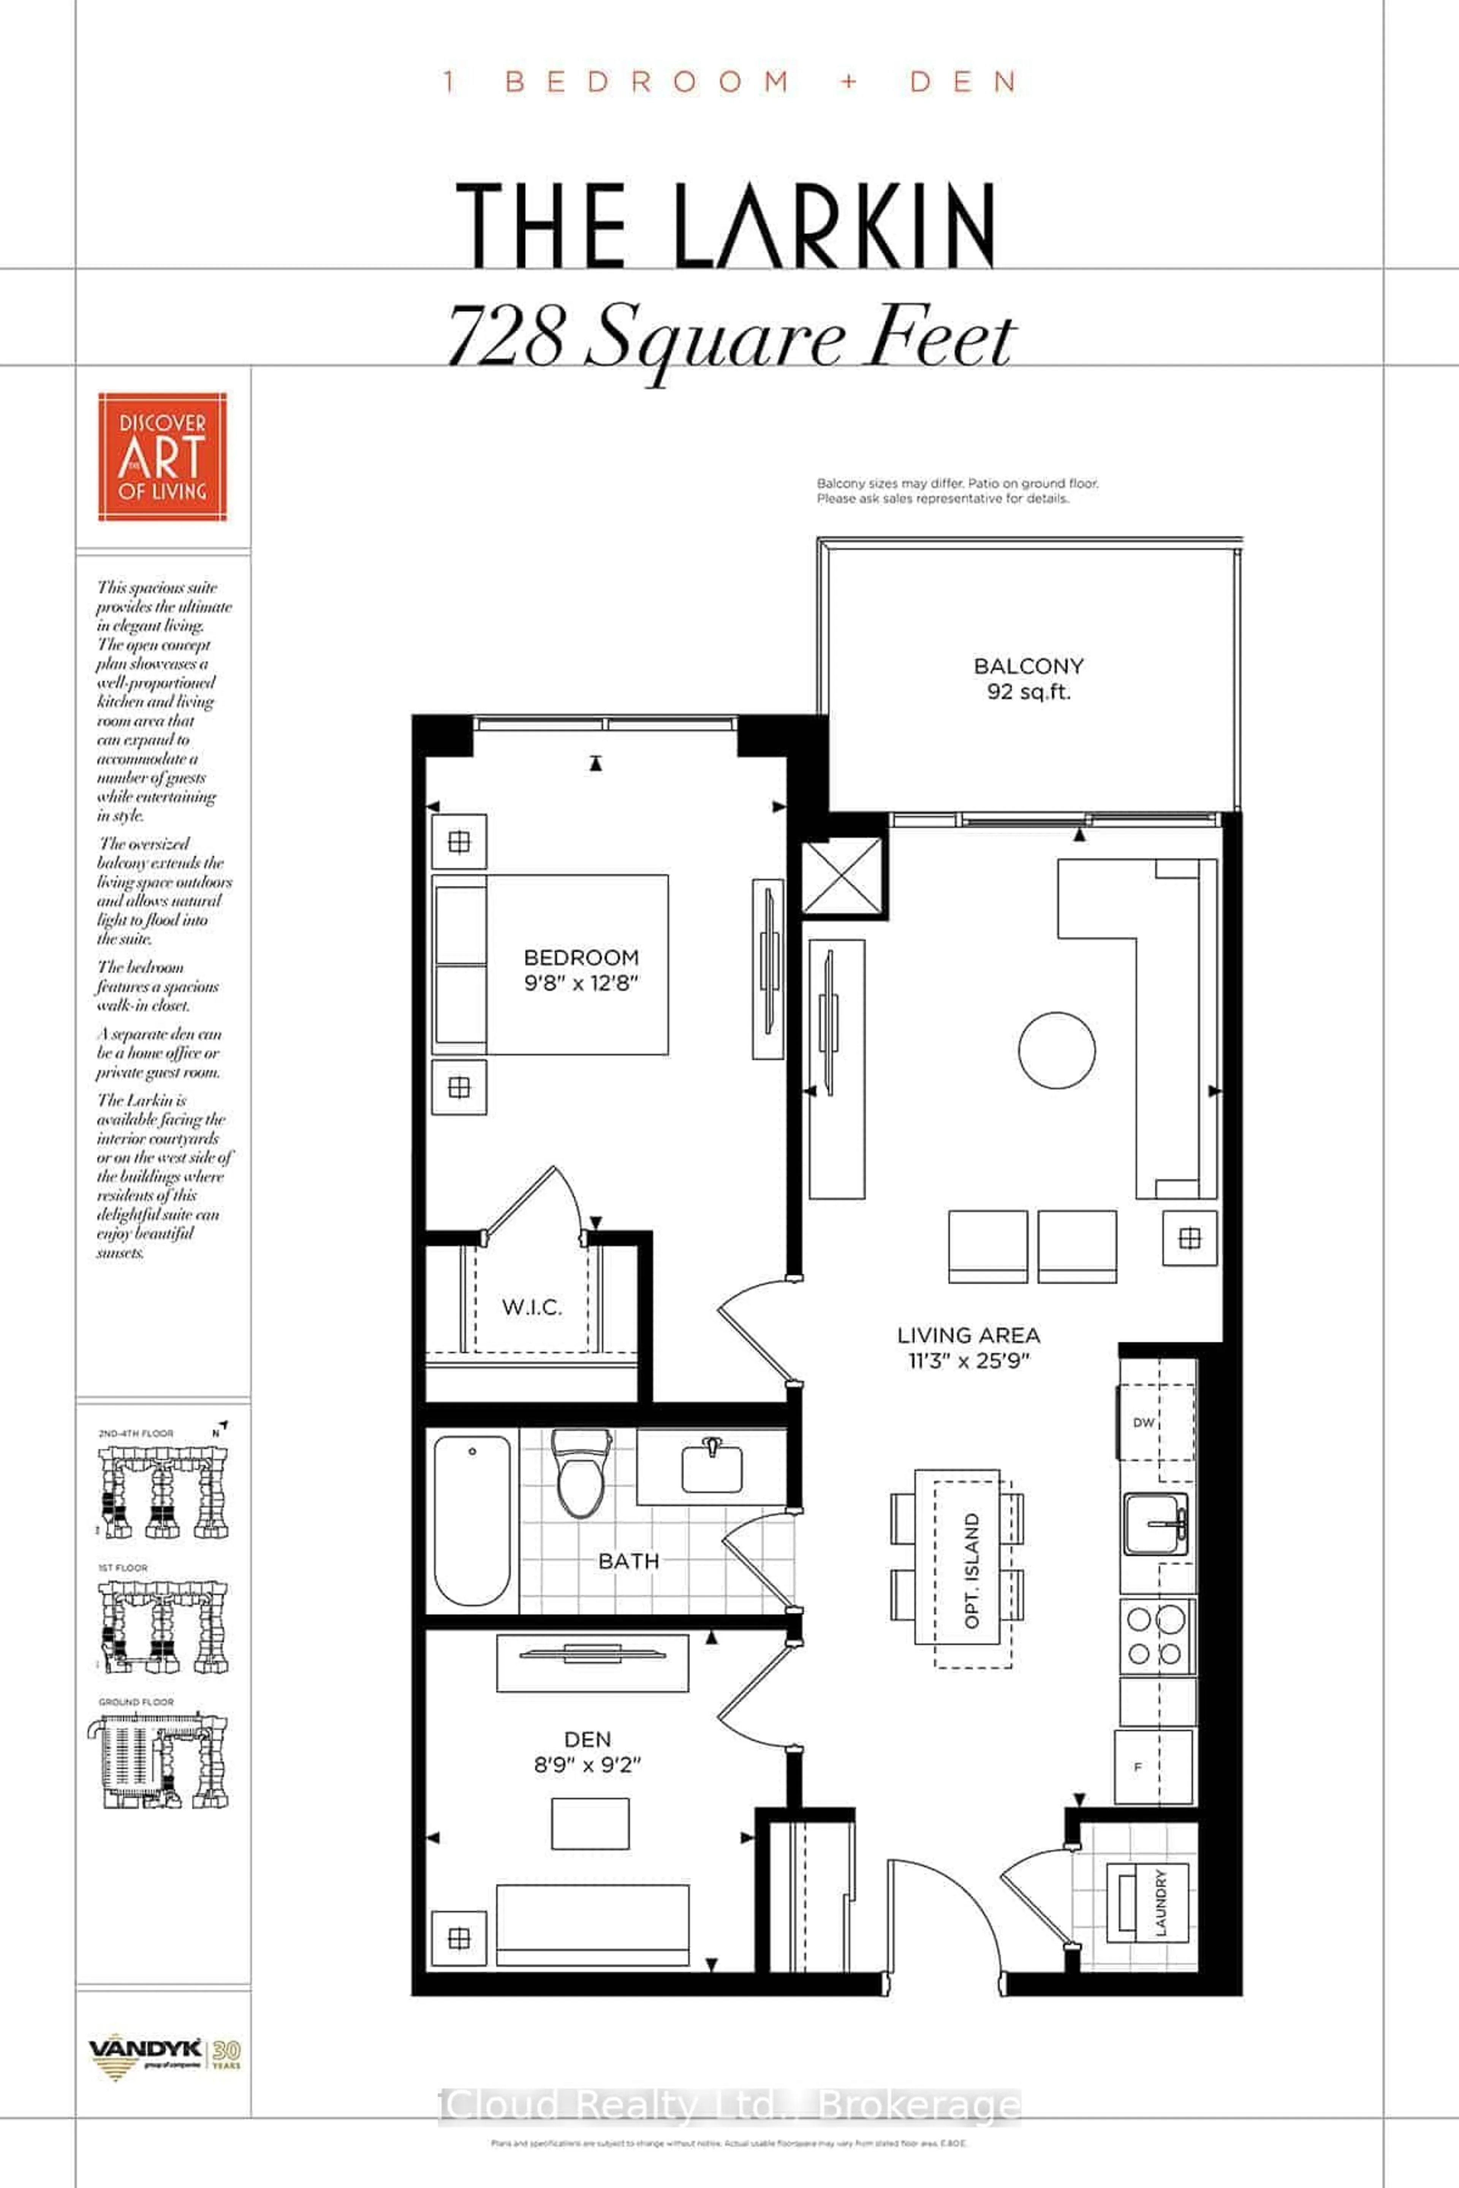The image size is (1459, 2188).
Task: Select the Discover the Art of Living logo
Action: tap(163, 457)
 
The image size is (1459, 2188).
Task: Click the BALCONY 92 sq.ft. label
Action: tap(1028, 678)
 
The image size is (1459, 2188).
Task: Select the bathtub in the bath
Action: tap(472, 1520)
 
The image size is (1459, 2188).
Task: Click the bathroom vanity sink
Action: tap(712, 1467)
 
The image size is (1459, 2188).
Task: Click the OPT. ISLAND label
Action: tap(972, 1570)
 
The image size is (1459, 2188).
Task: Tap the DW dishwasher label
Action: tap(1144, 1422)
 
